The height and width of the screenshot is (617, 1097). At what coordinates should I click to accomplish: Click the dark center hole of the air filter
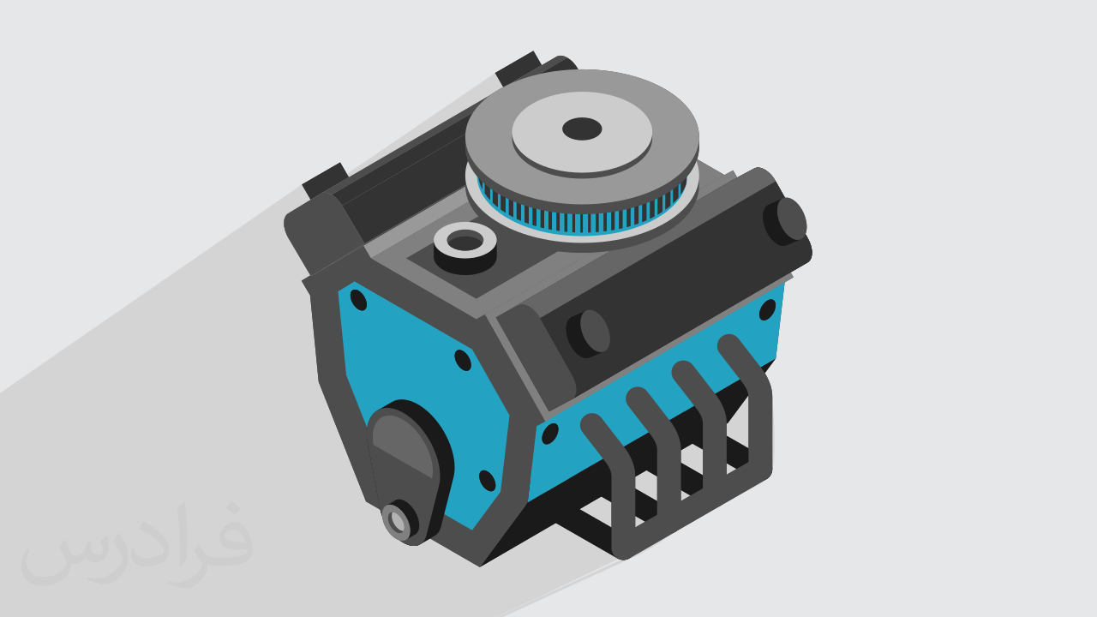[x=582, y=129]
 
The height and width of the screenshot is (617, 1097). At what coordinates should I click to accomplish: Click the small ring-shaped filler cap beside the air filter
[x=465, y=248]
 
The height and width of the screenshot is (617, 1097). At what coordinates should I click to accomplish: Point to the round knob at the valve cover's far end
[x=785, y=221]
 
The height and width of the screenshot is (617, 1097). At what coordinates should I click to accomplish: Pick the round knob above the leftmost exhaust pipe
[x=588, y=333]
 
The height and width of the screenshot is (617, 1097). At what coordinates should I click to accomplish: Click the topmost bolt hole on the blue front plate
[x=358, y=300]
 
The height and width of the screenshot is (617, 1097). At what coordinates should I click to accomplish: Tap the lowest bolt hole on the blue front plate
[x=488, y=481]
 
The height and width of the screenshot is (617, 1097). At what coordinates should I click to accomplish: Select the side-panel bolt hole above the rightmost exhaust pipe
[x=767, y=310]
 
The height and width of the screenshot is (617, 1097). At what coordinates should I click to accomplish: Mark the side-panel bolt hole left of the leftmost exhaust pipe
[x=549, y=434]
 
